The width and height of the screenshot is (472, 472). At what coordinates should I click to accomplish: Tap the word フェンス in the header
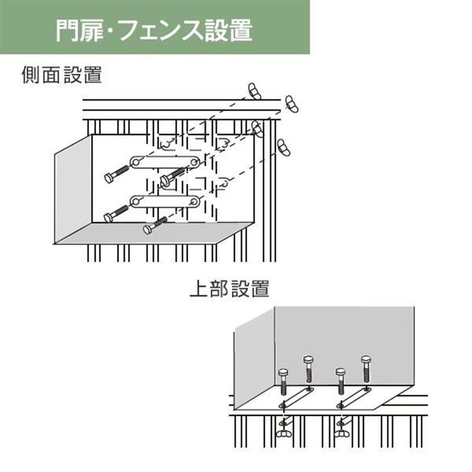coord(161,31)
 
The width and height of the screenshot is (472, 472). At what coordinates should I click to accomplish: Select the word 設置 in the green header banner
coord(228,31)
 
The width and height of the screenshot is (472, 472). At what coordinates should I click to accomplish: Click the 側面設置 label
coord(62,75)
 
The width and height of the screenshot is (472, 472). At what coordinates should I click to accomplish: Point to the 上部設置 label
coord(230,289)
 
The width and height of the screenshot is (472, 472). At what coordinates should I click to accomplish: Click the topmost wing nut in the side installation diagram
coord(254,91)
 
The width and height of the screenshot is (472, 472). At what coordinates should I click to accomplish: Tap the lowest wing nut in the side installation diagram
coord(284,147)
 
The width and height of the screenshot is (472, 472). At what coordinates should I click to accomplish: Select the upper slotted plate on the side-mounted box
coord(165,162)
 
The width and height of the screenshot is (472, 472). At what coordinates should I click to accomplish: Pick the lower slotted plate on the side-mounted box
coord(165,201)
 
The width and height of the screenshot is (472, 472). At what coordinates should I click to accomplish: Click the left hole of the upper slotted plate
coord(136,163)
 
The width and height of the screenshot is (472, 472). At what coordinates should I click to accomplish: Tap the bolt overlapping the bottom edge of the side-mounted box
coord(155,225)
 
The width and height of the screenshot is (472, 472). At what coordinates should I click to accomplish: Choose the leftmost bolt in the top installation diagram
coord(283,381)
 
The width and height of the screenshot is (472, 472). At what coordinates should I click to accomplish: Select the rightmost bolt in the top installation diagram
coord(366,369)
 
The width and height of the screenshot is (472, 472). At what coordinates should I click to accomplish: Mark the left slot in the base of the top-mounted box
coord(296,398)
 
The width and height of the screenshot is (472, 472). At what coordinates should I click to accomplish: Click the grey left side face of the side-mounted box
coord(73,189)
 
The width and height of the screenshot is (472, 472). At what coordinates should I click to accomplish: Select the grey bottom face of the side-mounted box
coord(153,233)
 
